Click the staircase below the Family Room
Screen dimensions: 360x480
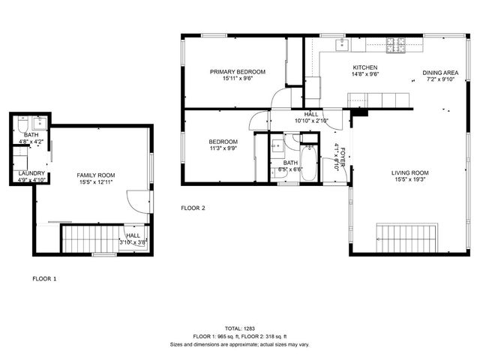click(x=85, y=238)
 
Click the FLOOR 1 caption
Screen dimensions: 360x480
click(x=44, y=278)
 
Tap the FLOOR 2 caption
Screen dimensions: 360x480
click(x=193, y=208)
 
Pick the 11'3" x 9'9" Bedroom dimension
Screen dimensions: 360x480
click(x=223, y=149)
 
